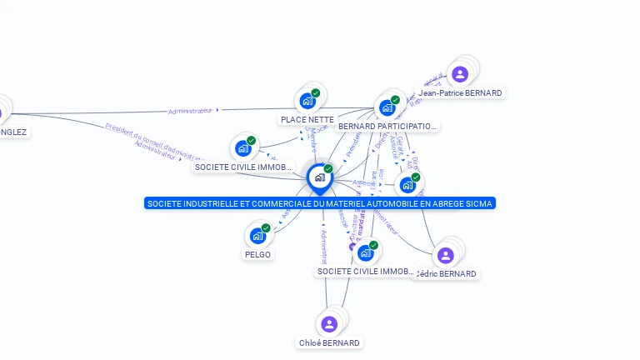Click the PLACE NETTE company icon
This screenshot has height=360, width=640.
coord(307,101)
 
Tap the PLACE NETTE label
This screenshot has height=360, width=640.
coord(307,120)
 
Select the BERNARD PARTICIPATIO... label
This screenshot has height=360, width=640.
coord(387,127)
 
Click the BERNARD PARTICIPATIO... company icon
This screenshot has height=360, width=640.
coord(387,107)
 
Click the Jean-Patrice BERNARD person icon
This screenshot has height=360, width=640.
coord(460,74)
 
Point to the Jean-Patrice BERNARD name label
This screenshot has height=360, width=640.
coord(461,93)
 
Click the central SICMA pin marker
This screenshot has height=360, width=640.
coord(319,178)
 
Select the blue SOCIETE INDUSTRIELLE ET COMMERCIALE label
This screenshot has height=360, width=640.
coord(320,203)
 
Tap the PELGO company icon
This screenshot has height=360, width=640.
coord(257,236)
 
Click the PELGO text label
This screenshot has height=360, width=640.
coord(257,255)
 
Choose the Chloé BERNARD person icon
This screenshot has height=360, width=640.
coord(329,324)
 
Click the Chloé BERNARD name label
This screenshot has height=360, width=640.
coord(329,343)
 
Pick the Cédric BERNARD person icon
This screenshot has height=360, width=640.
coord(445,255)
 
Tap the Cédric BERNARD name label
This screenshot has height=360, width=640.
coord(447,274)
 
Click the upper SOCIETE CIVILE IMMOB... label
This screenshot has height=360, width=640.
coord(243,167)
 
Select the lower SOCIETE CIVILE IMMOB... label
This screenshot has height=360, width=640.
coord(366,272)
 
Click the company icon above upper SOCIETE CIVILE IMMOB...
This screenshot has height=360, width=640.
coord(243,148)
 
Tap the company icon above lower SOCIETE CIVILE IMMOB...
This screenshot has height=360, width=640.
coord(365,252)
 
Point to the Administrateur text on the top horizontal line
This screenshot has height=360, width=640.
coord(190,111)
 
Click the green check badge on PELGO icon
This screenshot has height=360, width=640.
coord(266,227)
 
